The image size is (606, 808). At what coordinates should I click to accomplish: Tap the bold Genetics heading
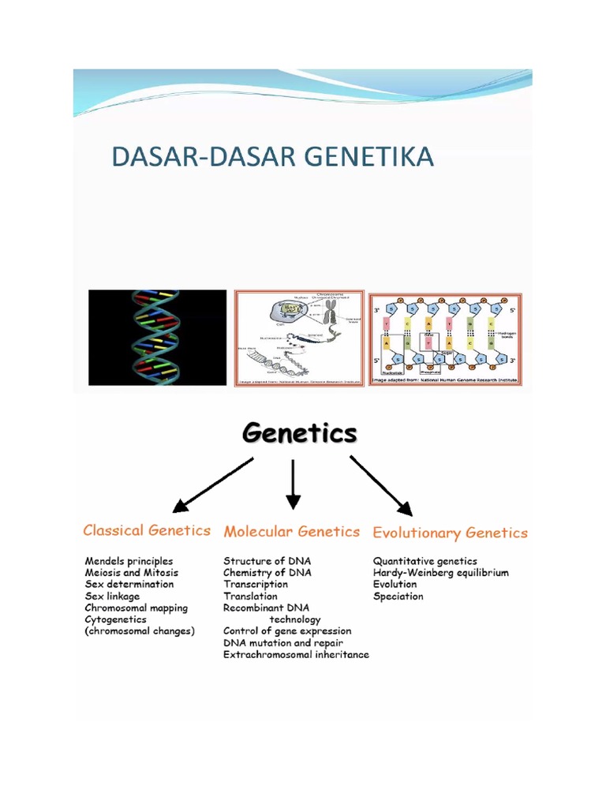299,433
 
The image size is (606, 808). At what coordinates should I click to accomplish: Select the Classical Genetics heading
148,530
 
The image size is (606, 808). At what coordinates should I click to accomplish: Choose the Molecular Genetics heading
291,532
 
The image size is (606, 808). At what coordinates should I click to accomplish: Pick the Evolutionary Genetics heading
450,533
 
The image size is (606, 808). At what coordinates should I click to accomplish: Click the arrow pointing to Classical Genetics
211,485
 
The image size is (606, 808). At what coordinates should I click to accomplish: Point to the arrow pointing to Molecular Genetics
294,484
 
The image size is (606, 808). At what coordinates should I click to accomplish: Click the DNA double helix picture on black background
158,338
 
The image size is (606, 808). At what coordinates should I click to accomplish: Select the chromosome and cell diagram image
298,339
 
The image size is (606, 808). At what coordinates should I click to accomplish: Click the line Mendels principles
129,561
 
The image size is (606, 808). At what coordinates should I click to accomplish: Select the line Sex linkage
112,597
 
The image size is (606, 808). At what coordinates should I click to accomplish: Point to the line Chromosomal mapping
137,608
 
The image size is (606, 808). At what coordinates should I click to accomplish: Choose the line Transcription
256,585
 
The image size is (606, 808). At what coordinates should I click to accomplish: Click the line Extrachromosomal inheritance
296,655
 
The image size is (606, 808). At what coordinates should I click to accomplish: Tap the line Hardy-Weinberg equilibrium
440,573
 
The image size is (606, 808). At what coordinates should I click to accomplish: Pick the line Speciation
398,597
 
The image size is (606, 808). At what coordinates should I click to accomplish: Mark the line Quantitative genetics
425,561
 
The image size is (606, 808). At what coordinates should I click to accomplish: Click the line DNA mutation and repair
283,643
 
